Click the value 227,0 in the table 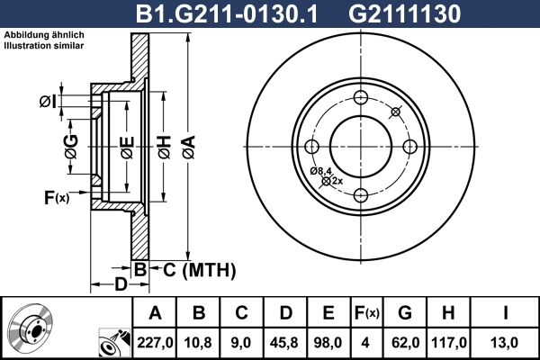[156, 342]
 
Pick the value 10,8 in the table [199, 342]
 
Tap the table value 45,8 [285, 342]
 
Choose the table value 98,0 [328, 342]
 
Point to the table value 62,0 [405, 342]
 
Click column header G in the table [405, 313]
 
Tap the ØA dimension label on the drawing [187, 146]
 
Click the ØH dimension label [164, 146]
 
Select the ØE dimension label [127, 146]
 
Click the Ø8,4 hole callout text [321, 171]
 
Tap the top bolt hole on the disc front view [361, 98]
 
